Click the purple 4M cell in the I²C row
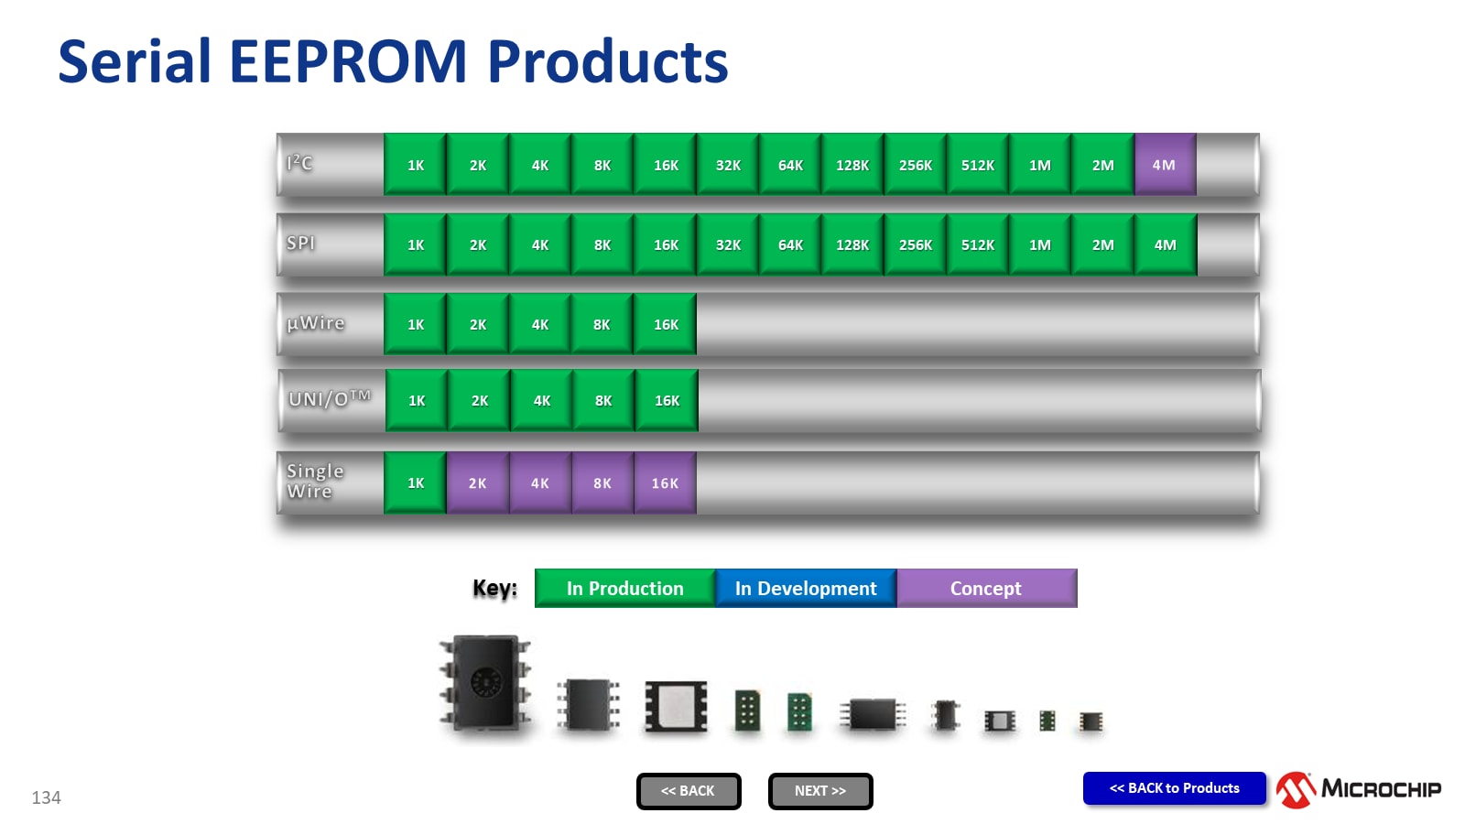click(x=1165, y=165)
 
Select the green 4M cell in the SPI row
click(x=1165, y=244)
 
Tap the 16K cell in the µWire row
click(x=666, y=324)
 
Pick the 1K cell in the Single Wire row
click(x=416, y=482)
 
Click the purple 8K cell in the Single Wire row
click(x=602, y=482)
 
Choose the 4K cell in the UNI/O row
click(x=542, y=400)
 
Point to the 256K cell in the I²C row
click(x=915, y=165)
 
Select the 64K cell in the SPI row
click(x=790, y=244)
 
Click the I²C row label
click(x=300, y=163)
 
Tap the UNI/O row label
click(x=329, y=398)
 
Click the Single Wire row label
click(x=314, y=481)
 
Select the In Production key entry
click(x=624, y=588)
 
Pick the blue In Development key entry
click(x=806, y=588)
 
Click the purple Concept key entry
click(x=986, y=588)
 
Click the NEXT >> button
click(x=820, y=791)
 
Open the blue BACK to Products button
click(x=1174, y=788)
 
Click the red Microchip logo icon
click(x=1297, y=789)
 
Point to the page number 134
click(x=46, y=797)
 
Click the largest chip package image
click(x=486, y=684)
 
